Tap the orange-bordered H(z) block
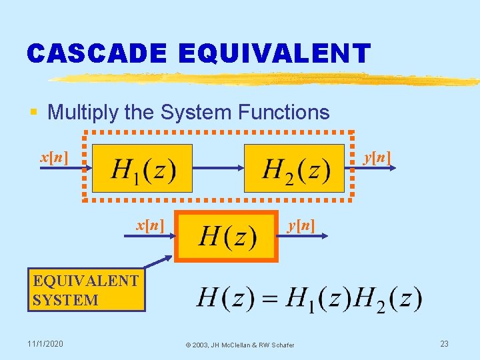(227, 237)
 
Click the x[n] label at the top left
(53, 158)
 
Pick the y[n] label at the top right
(377, 158)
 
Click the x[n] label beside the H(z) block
(150, 225)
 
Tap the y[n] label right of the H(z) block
(301, 225)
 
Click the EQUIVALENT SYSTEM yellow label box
(87, 290)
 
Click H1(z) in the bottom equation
(316, 299)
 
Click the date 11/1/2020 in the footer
(45, 343)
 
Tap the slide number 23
(444, 343)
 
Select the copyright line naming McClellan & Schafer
(240, 344)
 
